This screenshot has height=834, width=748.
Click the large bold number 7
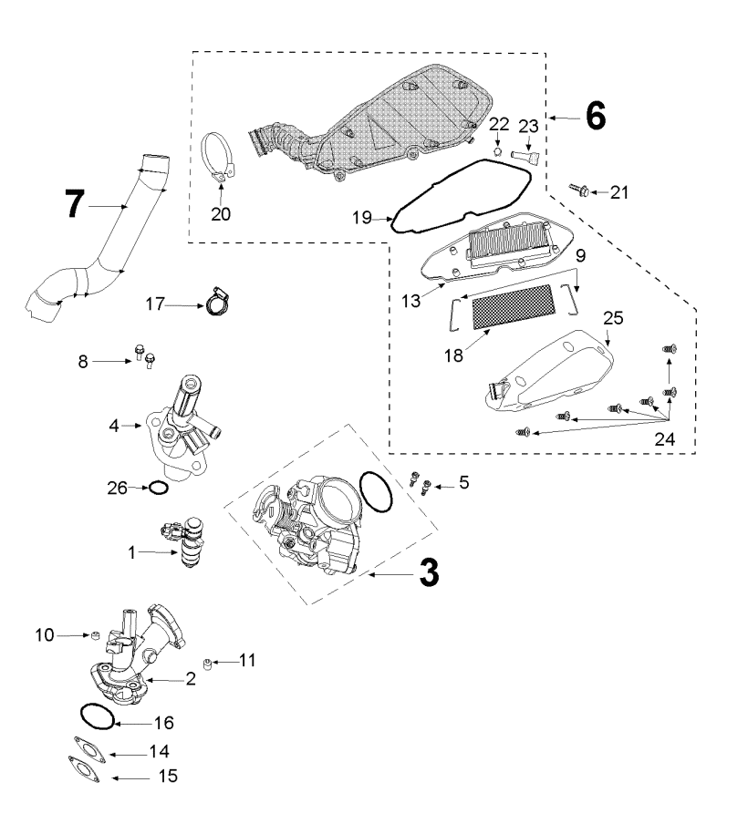point(75,203)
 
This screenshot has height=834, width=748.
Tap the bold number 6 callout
point(596,115)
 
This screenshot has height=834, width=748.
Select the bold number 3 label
point(430,572)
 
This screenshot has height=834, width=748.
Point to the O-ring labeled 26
point(158,488)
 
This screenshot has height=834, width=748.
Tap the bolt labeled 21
point(579,189)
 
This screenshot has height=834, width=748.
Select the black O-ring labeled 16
point(97,716)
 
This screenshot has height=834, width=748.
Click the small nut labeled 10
point(96,634)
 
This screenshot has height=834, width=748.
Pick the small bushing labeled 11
point(208,664)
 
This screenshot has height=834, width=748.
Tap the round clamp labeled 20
point(218,158)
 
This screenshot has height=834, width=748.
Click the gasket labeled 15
point(84,769)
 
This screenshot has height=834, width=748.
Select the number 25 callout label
point(613,318)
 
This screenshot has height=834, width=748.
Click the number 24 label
point(664,438)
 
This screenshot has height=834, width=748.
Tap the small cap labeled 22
point(498,151)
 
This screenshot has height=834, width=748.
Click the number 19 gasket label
point(362,217)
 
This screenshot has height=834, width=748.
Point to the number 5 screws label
point(463,482)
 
